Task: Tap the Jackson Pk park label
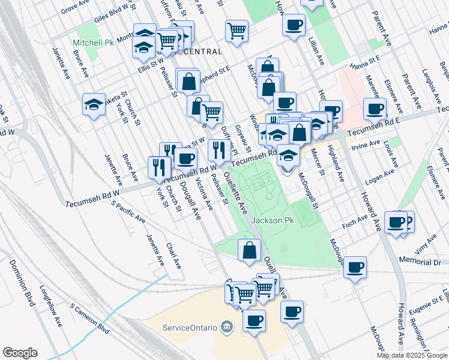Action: tap(273, 221)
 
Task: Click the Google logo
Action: tap(20, 353)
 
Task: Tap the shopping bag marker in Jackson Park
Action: tap(249, 250)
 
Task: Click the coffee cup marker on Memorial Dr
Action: tap(355, 267)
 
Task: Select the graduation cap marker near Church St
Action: tap(94, 106)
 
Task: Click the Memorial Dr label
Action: tap(420, 263)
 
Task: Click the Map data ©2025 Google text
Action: tap(412, 355)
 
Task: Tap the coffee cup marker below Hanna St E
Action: tap(375, 109)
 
